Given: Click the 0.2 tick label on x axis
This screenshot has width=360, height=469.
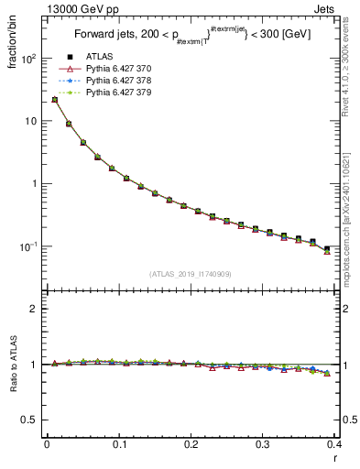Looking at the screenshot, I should tap(191, 445).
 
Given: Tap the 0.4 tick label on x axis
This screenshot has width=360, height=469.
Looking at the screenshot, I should tap(334, 445).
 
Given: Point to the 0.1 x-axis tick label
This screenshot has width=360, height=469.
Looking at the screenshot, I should tap(119, 445).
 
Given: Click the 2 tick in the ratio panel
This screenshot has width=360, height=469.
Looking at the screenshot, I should tap(35, 309).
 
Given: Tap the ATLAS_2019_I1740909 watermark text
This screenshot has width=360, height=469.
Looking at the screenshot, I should tap(191, 274).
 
